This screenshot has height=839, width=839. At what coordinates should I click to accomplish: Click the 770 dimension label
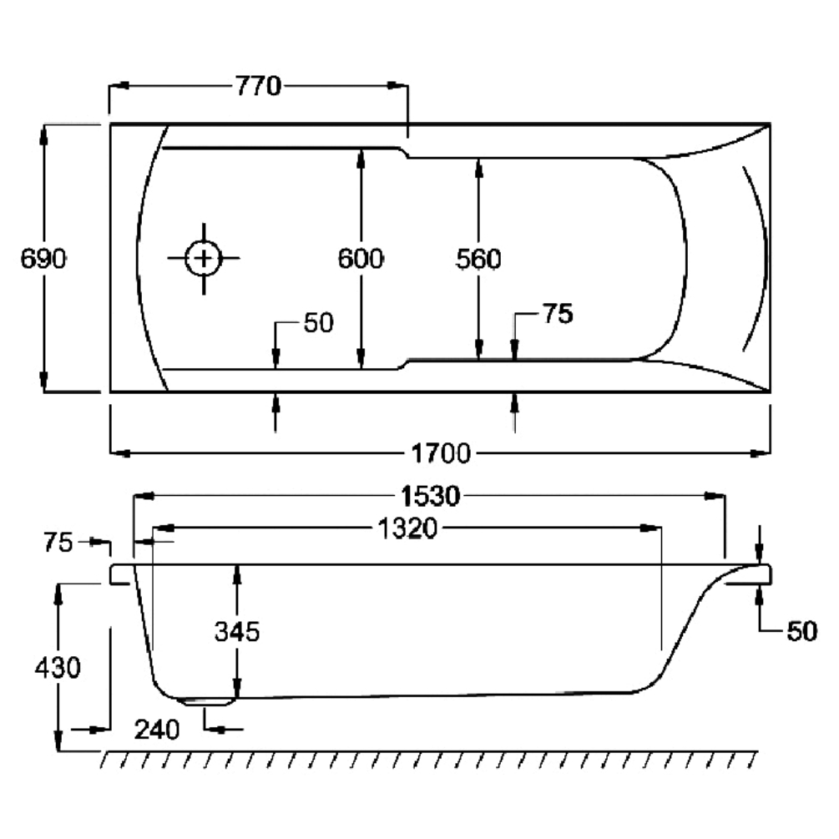258,86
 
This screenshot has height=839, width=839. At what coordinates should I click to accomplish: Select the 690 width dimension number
43,259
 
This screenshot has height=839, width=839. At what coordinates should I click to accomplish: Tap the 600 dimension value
361,259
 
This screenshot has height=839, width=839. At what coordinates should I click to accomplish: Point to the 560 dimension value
478,260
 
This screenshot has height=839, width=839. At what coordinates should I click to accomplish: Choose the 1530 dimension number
428,497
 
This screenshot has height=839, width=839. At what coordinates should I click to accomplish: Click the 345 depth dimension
237,631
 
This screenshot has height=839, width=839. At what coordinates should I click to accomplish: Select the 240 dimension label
157,730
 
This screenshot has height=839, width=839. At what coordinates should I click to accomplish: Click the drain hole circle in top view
203,258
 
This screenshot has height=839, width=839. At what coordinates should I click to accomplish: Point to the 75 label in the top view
558,315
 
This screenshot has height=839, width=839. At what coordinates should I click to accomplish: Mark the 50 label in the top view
317,323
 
